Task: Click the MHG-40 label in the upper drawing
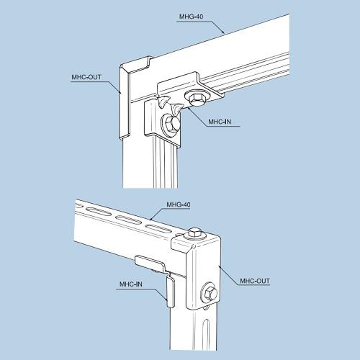coord(191,17)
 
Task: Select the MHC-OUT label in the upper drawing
coord(86,77)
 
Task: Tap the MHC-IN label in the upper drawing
coord(220,122)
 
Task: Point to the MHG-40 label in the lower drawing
coord(179,204)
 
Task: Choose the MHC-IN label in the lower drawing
coord(131,284)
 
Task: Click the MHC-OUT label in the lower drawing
coord(255,281)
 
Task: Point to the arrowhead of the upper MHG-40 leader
coord(222,32)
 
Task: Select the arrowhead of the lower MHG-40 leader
coord(151,219)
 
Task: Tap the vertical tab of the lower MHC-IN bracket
coord(171,292)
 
